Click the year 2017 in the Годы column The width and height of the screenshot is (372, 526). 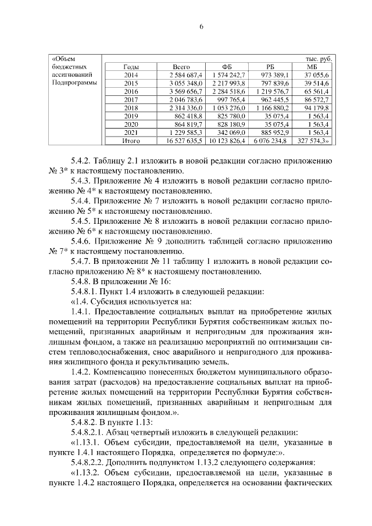tap(131, 100)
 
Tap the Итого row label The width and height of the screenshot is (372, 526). tap(131, 141)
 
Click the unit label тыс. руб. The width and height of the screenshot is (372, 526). tap(319, 59)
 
